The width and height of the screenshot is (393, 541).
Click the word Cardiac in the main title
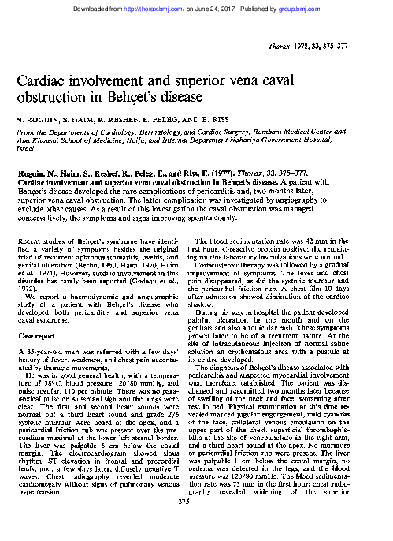tap(39, 81)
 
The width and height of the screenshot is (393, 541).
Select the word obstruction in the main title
tap(49, 99)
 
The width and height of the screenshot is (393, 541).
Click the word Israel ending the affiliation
tap(25, 147)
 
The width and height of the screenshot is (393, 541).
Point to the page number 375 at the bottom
tap(196, 524)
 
